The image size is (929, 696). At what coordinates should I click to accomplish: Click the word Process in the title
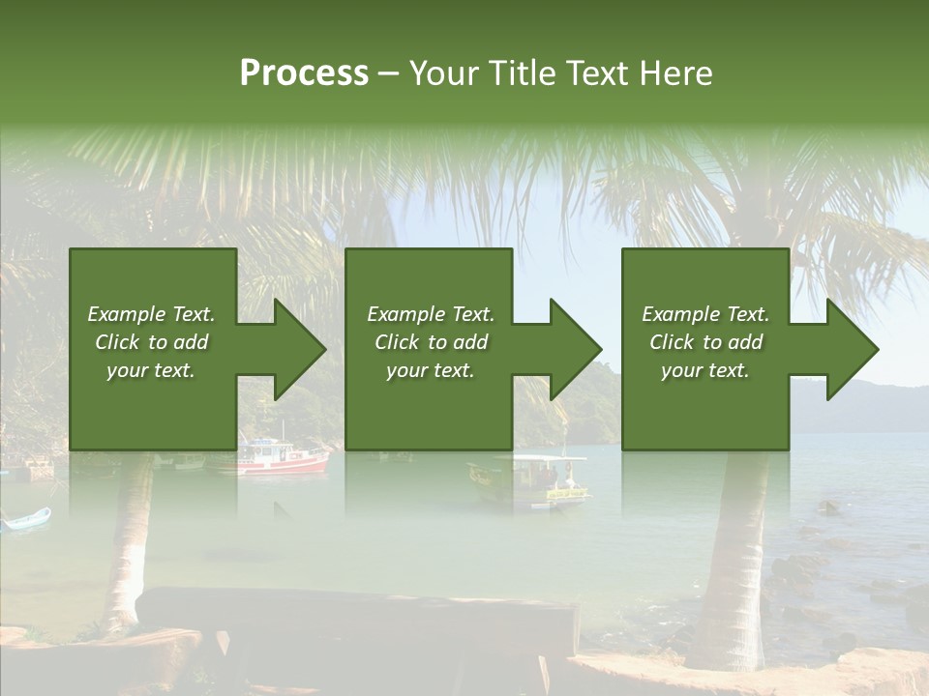[304, 73]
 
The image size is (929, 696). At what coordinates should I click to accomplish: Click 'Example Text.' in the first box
[151, 314]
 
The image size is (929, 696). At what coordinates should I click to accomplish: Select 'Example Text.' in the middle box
[431, 314]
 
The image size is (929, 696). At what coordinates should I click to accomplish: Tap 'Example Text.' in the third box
[705, 314]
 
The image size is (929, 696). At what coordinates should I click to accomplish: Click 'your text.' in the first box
[151, 370]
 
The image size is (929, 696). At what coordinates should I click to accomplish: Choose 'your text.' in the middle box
[431, 370]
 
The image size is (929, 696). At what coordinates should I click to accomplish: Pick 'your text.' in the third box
[705, 370]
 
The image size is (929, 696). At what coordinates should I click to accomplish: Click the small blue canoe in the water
[25, 520]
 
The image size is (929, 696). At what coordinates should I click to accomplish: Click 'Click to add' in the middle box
[431, 342]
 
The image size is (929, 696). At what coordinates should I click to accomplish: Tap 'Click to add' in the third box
[705, 342]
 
